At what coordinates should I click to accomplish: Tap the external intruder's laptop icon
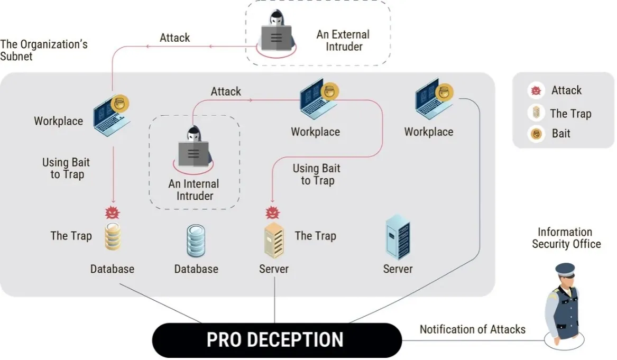click(276, 38)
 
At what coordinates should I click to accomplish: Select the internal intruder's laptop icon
click(193, 154)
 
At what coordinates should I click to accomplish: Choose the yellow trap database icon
click(113, 236)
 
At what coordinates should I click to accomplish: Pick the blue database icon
click(196, 241)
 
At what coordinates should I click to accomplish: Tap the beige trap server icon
click(274, 240)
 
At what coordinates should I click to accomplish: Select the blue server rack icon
click(398, 237)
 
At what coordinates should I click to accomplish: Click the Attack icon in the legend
click(536, 90)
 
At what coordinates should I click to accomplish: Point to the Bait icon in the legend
click(536, 134)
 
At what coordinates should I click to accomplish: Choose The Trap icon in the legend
click(536, 113)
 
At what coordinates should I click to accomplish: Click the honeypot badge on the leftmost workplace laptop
click(119, 104)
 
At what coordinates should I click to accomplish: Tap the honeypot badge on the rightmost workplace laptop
click(444, 93)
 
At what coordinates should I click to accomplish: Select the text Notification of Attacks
click(472, 329)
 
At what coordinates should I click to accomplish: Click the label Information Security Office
click(566, 238)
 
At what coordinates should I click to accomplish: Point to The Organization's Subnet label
click(44, 50)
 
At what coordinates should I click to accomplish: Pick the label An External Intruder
click(343, 40)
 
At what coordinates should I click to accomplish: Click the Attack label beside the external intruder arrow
click(174, 38)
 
